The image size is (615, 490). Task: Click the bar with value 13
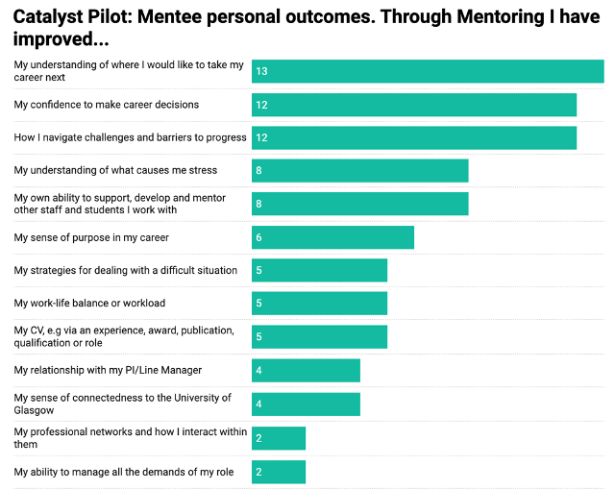pos(428,71)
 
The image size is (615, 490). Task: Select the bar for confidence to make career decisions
pos(414,105)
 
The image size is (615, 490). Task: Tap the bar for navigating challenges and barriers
pos(414,137)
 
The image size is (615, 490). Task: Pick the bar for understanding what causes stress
pos(360,170)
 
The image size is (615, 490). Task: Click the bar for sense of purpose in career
pos(332,237)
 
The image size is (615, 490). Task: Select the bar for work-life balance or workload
pos(319,304)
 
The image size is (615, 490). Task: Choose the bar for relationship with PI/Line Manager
pos(306,370)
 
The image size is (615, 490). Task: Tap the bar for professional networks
pos(279,438)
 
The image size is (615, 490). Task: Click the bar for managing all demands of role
pos(279,472)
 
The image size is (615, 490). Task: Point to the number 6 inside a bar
pos(259,237)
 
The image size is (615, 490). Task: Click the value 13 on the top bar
pos(261,71)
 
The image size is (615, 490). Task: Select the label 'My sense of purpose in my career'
pos(90,237)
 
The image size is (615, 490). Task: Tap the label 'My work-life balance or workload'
pos(89,304)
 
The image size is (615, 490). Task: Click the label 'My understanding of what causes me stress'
pos(115,170)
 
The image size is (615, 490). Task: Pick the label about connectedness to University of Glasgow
pos(122,404)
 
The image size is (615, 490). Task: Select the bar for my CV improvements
pos(319,336)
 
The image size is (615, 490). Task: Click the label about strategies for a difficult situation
pos(125,270)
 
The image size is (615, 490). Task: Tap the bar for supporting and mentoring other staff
pos(360,204)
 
